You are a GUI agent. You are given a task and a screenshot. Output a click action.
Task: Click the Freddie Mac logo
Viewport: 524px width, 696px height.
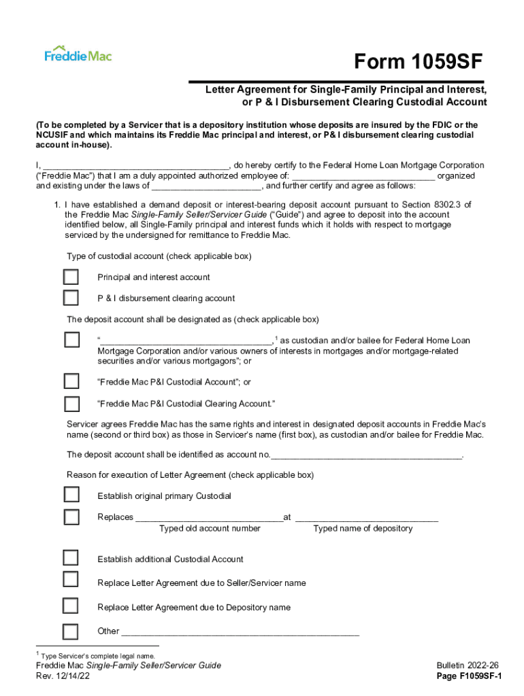(x=78, y=54)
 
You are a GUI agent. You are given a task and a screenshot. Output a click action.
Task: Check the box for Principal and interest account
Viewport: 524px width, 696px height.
(x=71, y=277)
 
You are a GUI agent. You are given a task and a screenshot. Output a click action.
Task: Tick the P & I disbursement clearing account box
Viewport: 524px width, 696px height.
(x=71, y=298)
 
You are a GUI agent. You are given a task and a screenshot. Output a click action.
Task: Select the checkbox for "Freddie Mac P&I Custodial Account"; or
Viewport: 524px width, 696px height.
(x=71, y=382)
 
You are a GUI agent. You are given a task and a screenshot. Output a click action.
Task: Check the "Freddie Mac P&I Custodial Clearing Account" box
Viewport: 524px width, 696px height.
(x=71, y=404)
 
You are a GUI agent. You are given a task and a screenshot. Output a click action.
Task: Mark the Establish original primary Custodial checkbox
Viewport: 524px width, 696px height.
(x=71, y=495)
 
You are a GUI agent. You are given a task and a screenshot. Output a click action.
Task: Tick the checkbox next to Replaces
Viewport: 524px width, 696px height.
(x=71, y=517)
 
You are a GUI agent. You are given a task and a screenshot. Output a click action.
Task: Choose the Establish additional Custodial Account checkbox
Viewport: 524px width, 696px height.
(x=71, y=558)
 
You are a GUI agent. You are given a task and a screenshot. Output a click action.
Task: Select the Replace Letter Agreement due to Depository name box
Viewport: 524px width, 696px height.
(x=71, y=606)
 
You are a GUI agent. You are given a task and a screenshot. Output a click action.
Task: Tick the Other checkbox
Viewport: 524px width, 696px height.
(x=71, y=631)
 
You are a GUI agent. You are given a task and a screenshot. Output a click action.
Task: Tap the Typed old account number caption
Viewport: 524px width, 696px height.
(x=210, y=528)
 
